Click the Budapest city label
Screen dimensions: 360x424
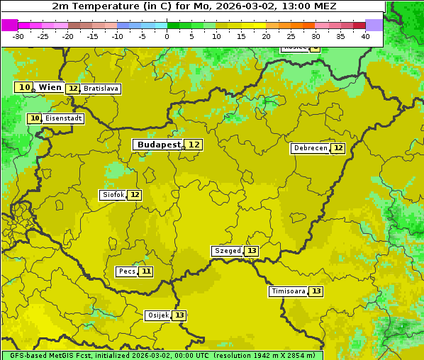point(159,145)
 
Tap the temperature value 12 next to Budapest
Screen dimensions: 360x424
point(194,145)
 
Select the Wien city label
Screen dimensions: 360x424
point(50,87)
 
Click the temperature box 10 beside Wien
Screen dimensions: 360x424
point(24,87)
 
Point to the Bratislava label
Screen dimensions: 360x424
point(99,89)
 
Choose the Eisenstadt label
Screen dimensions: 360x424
point(64,118)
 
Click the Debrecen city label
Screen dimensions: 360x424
point(310,149)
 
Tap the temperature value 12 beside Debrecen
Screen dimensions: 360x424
point(338,149)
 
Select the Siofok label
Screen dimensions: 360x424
point(113,195)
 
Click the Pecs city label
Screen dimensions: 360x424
point(127,271)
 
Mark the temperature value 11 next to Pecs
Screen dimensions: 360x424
point(146,271)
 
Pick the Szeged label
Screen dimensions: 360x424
point(227,251)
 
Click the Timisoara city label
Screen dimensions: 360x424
point(289,291)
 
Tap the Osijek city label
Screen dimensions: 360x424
point(158,315)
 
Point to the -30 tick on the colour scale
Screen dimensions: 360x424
point(18,36)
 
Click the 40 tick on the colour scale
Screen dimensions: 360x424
point(365,36)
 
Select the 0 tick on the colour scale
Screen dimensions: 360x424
point(167,36)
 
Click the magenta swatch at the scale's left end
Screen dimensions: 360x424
point(9,25)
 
